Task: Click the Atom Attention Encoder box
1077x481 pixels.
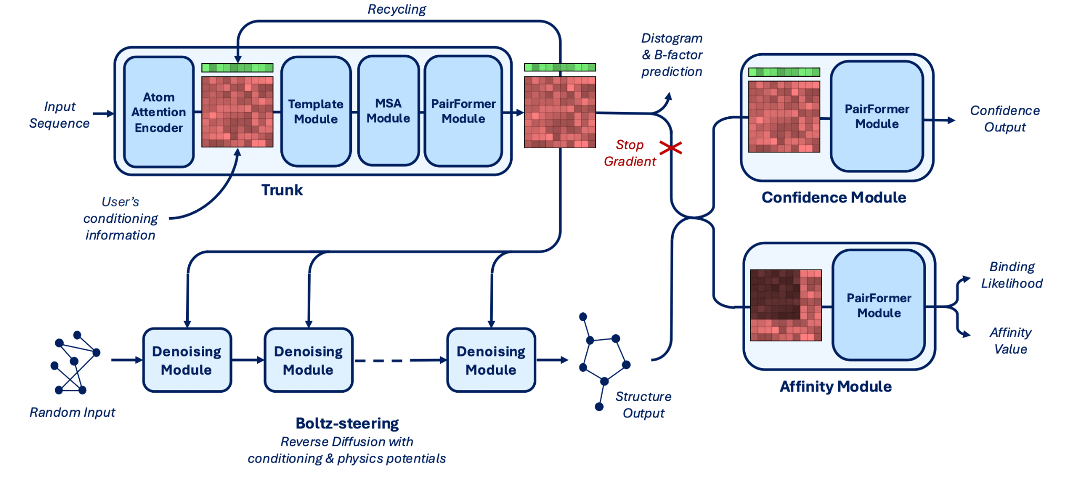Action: click(159, 112)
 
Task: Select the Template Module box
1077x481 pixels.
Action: click(316, 111)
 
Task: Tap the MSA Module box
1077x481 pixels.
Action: click(388, 111)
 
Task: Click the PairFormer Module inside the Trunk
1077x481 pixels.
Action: click(463, 111)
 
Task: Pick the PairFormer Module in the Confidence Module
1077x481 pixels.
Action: click(877, 116)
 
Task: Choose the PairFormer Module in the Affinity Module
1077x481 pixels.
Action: click(879, 305)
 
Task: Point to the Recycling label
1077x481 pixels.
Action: click(397, 9)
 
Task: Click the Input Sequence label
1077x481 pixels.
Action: click(59, 115)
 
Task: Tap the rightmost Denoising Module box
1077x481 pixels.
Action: click(491, 360)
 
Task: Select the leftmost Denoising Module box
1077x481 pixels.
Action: click(187, 360)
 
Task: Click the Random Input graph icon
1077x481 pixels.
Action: click(75, 363)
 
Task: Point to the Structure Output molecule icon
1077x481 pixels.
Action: click(604, 361)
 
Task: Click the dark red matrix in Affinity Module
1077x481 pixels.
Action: click(786, 305)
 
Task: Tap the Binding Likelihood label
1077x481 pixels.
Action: click(1012, 275)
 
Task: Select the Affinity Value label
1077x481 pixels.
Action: click(1010, 341)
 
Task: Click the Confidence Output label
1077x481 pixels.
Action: click(1005, 119)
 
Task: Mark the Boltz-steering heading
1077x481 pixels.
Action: click(347, 423)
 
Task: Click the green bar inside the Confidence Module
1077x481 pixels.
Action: click(784, 72)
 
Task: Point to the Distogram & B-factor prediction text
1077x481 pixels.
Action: click(672, 55)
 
